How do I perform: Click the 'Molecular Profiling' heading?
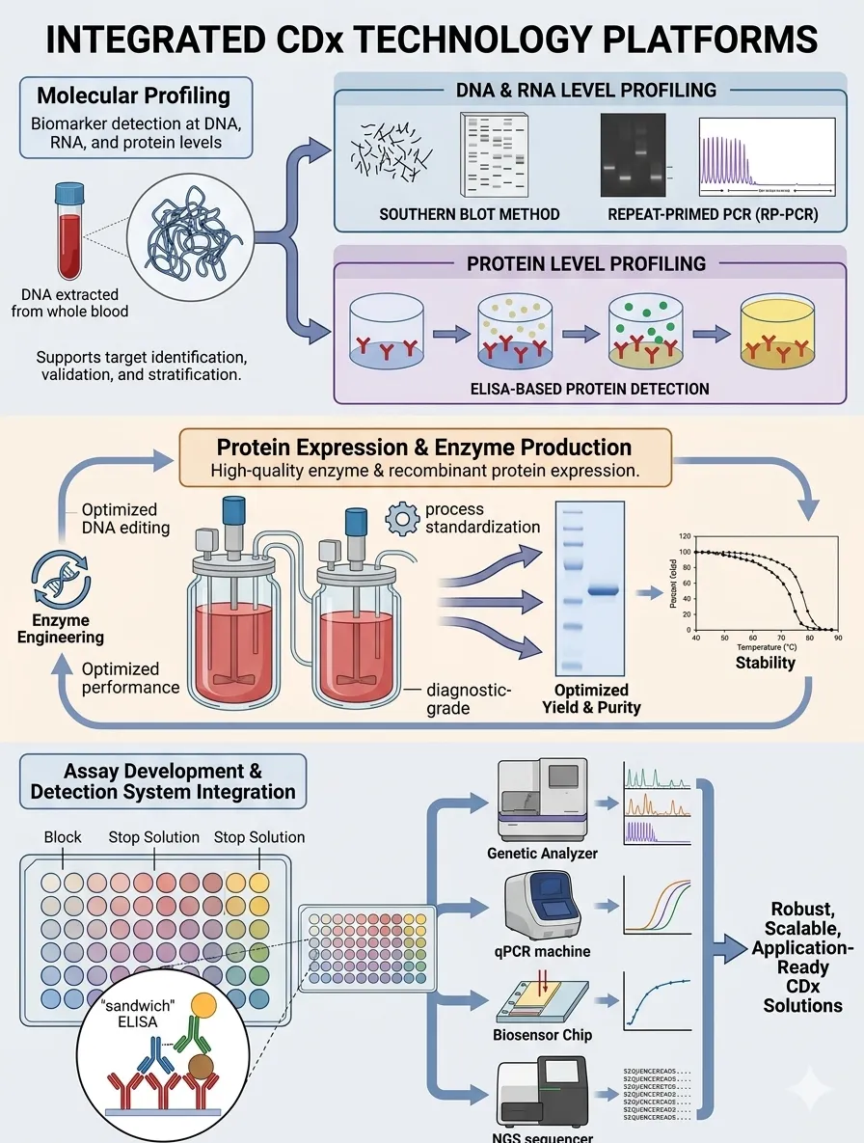pyautogui.click(x=134, y=96)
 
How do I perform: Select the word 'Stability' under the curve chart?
pyautogui.click(x=765, y=662)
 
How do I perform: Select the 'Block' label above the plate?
pyautogui.click(x=63, y=837)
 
